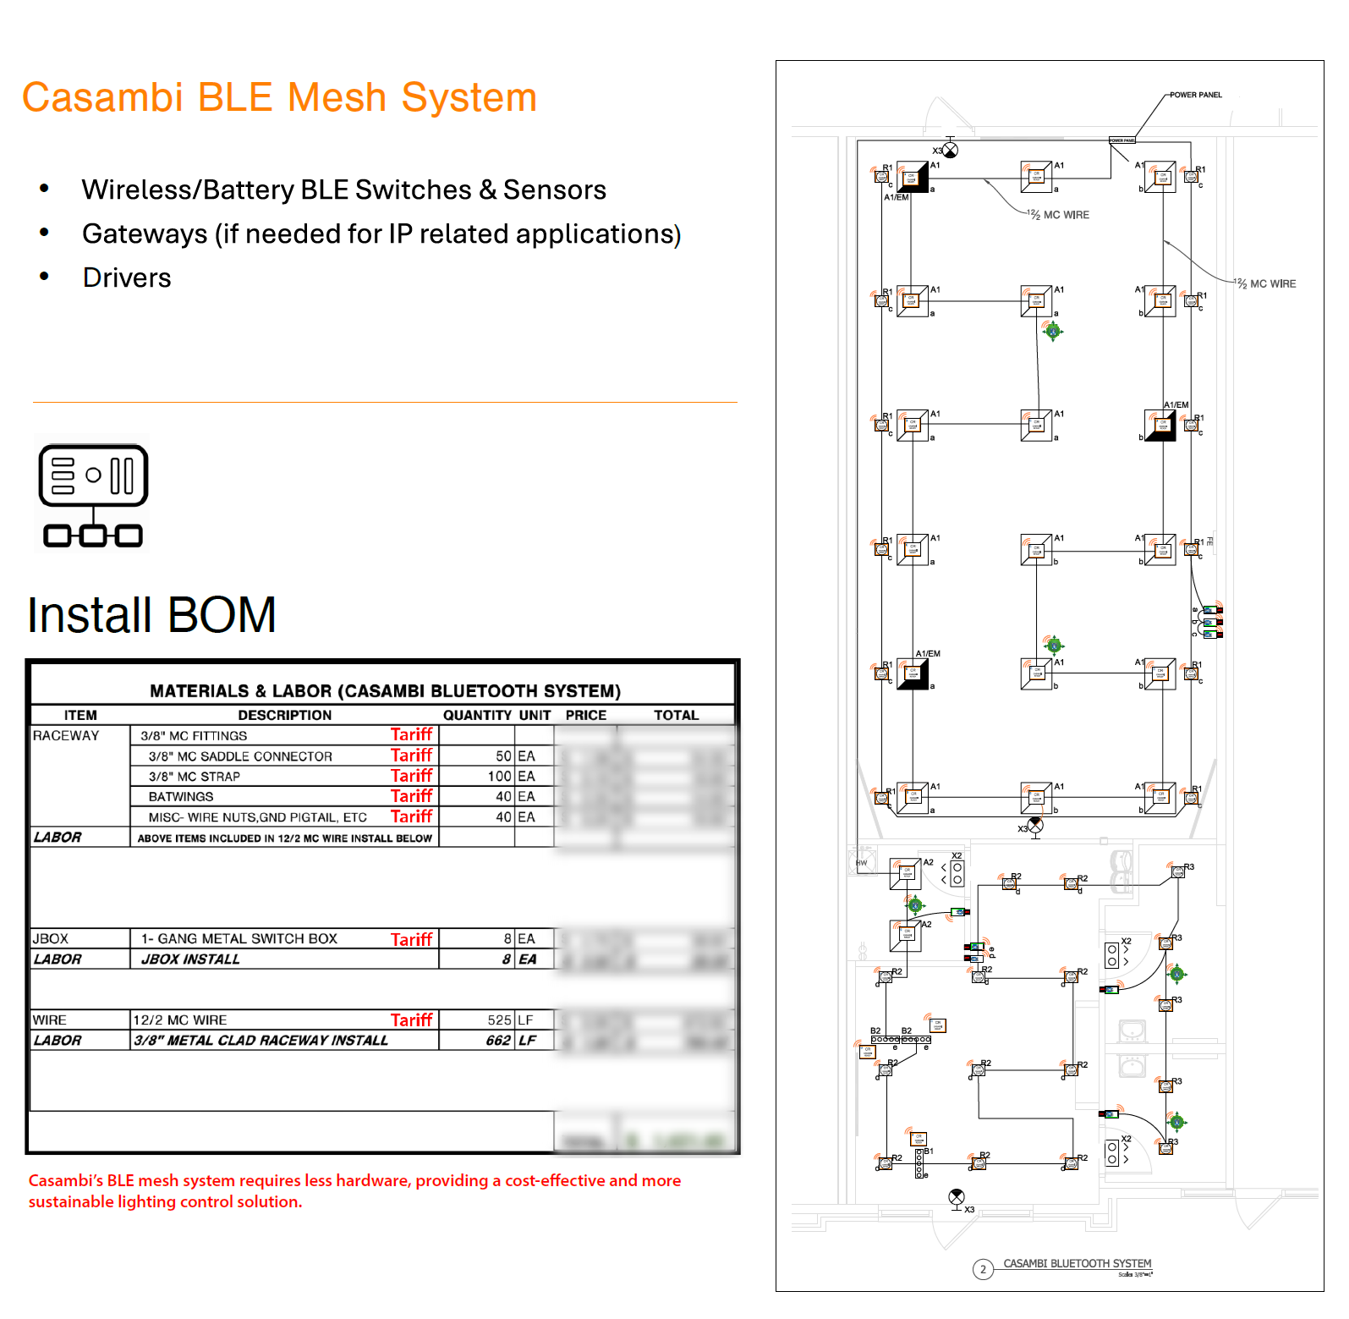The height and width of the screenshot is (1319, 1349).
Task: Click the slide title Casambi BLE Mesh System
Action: pos(279,97)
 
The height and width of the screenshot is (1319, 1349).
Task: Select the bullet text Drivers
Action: pos(127,278)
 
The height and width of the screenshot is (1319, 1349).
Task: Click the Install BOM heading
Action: pos(152,614)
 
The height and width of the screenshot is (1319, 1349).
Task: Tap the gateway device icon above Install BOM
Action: pos(93,496)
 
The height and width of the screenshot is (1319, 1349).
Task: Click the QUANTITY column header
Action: pos(477,715)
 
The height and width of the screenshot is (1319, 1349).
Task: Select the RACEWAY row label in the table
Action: pos(66,736)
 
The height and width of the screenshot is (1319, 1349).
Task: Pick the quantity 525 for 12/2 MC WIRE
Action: pos(499,1020)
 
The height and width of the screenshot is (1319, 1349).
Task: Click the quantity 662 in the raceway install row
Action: pos(498,1041)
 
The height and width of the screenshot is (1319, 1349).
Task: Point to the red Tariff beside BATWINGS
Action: pos(411,796)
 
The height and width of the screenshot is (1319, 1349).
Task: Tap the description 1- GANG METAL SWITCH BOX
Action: pos(239,939)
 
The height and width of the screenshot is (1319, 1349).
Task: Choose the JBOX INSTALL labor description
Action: pos(190,959)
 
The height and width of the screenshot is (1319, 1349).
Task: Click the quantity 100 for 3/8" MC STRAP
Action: pos(499,777)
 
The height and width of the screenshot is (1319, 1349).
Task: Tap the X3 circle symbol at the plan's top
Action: pos(951,151)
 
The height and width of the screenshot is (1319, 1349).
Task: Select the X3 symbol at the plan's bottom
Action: pos(957,1196)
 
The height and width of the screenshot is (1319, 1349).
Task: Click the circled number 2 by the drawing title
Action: pos(983,1269)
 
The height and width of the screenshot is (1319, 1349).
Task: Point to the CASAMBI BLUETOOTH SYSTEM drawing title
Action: pos(1077,1263)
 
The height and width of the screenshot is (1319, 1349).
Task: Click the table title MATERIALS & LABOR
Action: pos(385,691)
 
